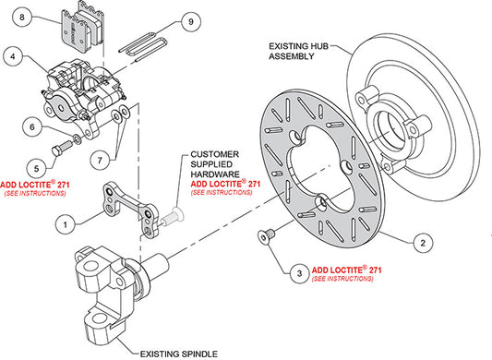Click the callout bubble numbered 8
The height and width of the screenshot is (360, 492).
tap(26, 18)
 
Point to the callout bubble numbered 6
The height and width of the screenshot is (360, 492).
tap(31, 127)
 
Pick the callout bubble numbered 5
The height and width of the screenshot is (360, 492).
tap(36, 167)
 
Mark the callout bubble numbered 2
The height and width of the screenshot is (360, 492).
tap(421, 243)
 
